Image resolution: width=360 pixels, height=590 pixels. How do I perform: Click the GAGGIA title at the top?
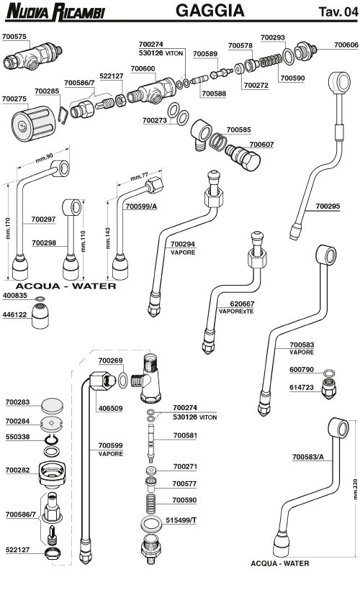click(210, 10)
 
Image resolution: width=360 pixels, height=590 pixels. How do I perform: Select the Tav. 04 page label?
click(338, 12)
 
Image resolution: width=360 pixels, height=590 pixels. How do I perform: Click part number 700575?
click(14, 37)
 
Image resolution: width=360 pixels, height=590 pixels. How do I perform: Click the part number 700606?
click(346, 45)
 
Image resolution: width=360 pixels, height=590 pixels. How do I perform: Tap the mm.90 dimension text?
click(45, 158)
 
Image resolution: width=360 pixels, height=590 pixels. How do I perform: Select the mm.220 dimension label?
click(356, 489)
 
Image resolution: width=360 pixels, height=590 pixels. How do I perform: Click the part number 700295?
click(328, 206)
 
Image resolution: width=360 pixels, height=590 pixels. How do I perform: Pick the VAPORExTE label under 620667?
click(236, 311)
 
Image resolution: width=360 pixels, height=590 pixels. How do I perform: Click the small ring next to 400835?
click(40, 299)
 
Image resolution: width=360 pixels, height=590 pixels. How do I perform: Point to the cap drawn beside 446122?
click(40, 317)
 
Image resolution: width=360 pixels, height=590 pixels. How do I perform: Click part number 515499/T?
click(181, 520)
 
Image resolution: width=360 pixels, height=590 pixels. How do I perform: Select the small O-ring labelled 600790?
click(329, 373)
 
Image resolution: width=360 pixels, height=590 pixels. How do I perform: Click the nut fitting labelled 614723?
click(328, 389)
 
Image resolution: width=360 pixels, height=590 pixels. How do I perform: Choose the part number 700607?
click(261, 145)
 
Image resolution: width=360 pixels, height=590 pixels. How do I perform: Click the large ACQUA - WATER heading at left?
click(66, 286)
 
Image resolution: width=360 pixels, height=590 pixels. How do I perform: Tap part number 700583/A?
click(307, 457)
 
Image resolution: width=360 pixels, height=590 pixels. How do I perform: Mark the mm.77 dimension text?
click(140, 176)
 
